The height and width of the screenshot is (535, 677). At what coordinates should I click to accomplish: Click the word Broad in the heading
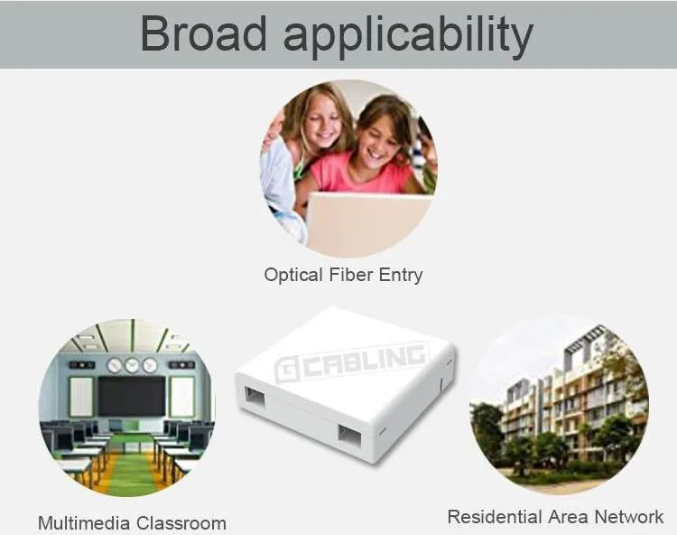(205, 33)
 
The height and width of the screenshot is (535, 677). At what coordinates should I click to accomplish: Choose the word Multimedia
(84, 523)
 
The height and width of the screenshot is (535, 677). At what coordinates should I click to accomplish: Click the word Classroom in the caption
(181, 523)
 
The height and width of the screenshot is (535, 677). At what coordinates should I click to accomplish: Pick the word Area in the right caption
(569, 517)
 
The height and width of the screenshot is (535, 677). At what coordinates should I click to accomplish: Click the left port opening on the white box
(255, 396)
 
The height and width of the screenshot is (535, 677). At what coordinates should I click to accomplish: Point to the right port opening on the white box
(349, 434)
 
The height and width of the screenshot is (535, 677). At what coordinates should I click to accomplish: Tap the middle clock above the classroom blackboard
(132, 365)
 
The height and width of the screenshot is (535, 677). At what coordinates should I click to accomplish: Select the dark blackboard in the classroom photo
(132, 396)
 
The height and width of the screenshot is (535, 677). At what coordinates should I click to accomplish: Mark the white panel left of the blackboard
(81, 397)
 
